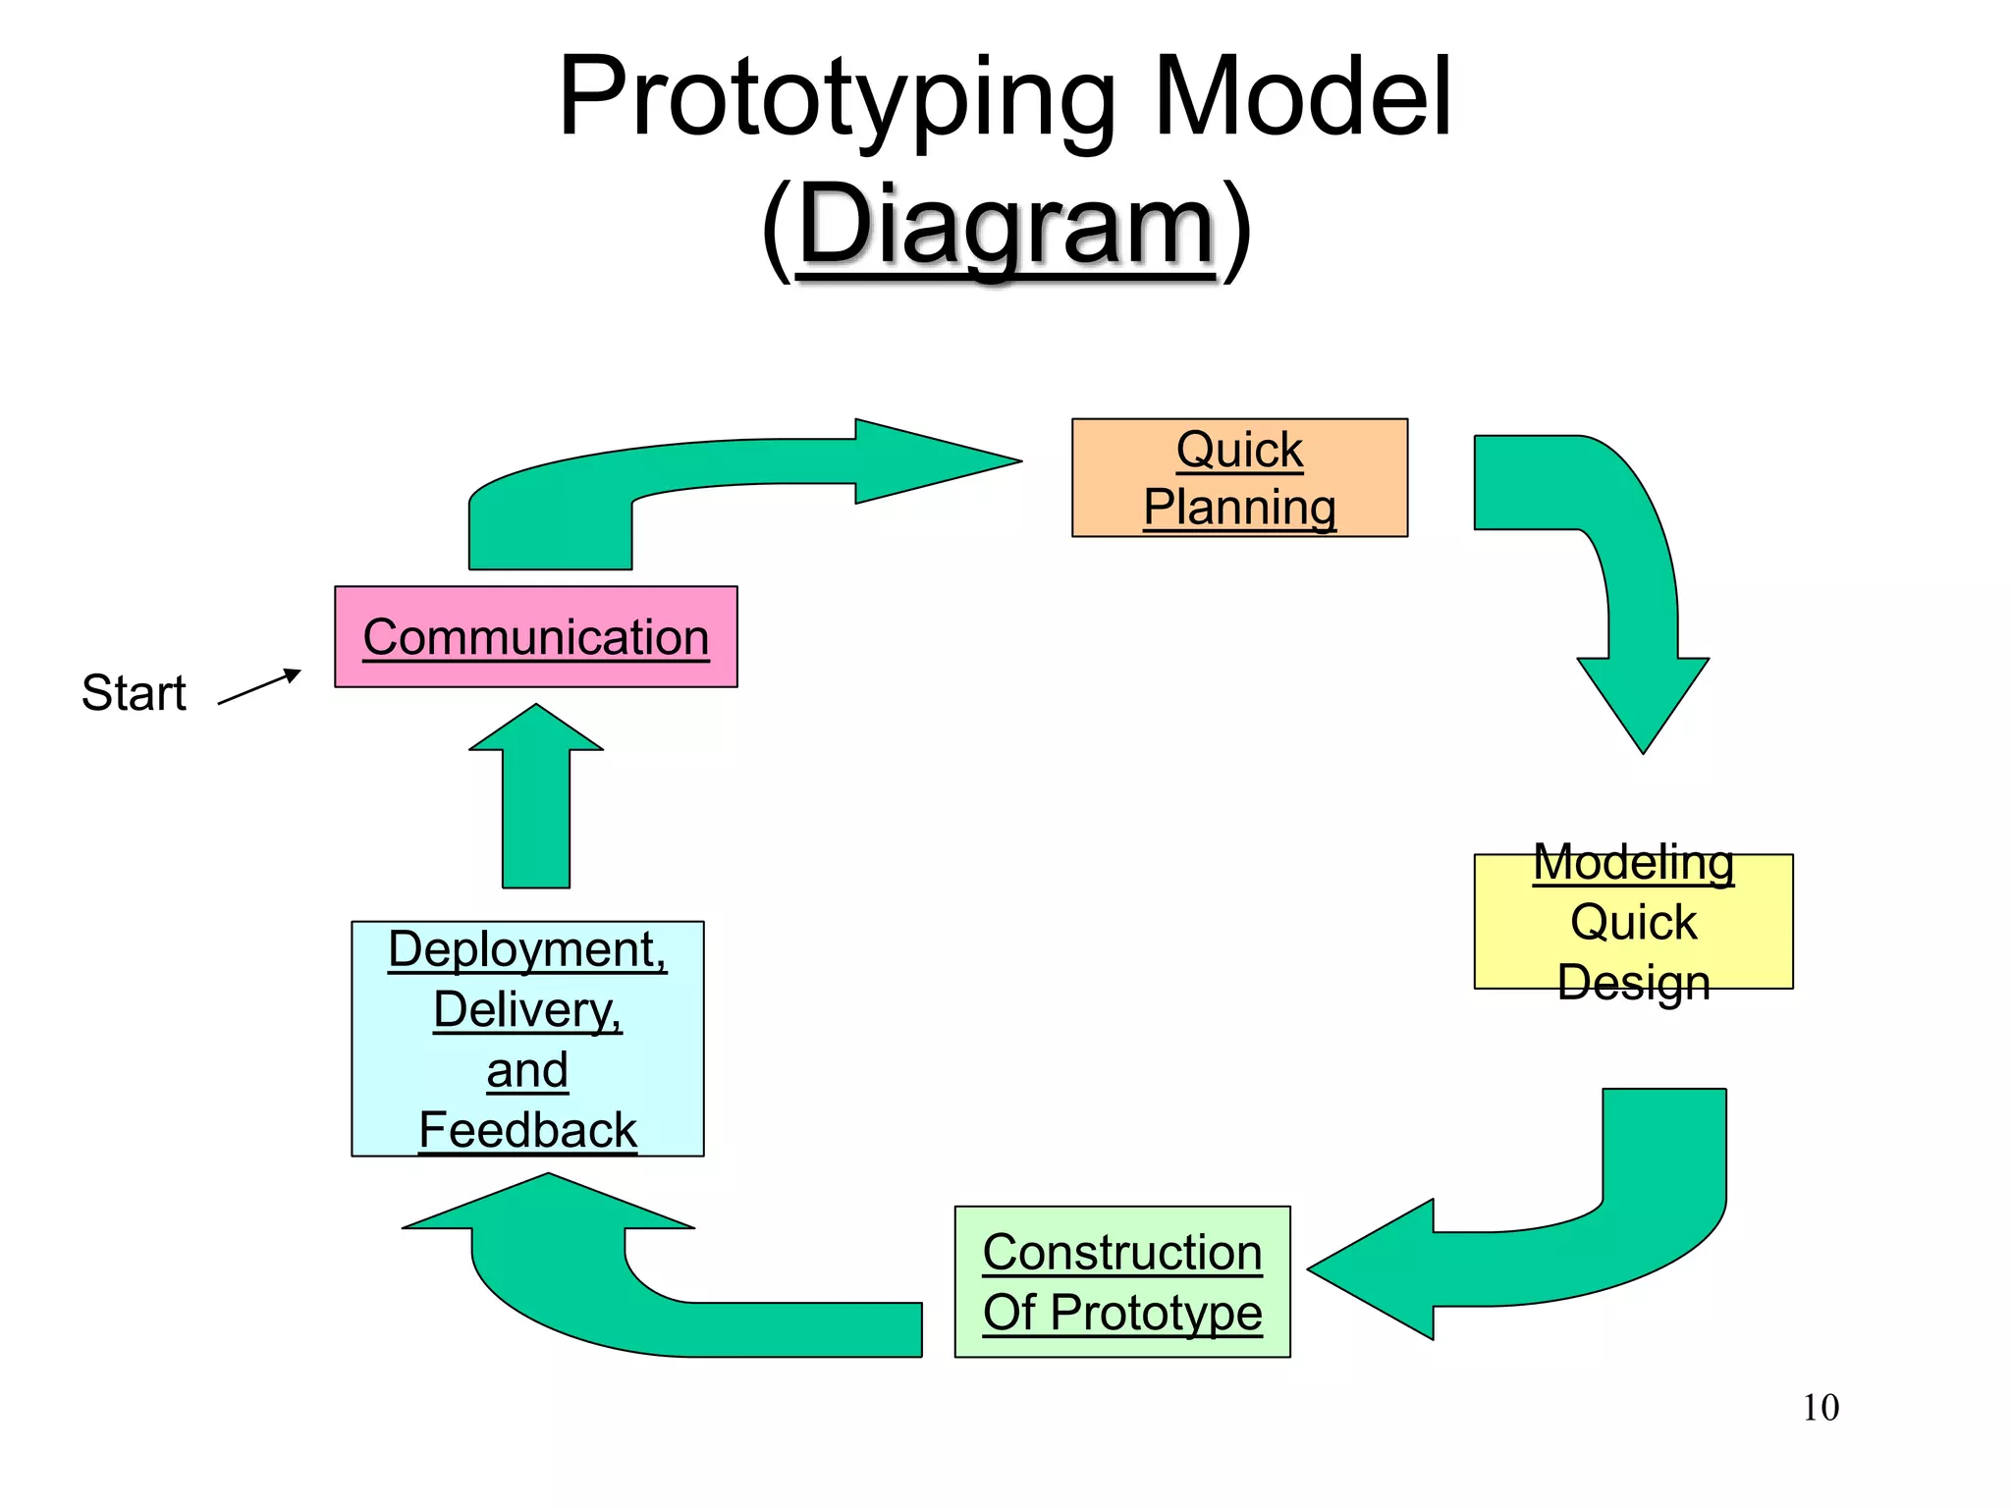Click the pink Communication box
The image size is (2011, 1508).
[535, 637]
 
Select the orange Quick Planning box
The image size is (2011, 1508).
[1239, 478]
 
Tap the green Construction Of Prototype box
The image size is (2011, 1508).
[1122, 1281]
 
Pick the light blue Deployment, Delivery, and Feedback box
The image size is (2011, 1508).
[527, 1039]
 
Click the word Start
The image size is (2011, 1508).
[134, 693]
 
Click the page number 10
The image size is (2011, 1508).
[1821, 1408]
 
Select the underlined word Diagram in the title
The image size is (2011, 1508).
[1006, 225]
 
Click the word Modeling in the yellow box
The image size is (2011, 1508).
[1633, 863]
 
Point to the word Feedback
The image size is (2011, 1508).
[527, 1130]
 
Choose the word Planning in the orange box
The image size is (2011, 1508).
[1239, 508]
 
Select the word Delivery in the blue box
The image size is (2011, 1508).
[527, 1010]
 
